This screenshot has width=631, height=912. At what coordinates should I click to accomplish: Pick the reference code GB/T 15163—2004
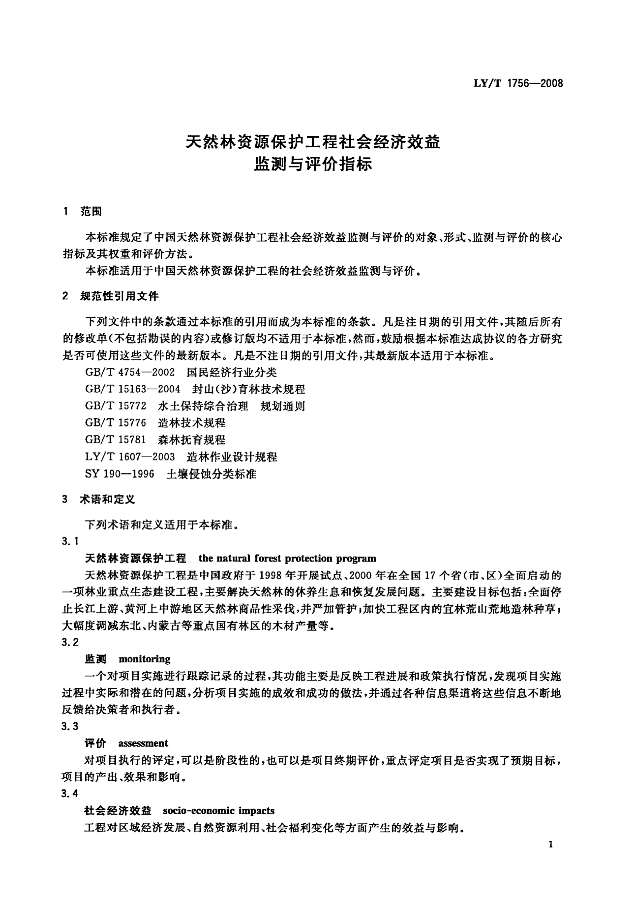click(x=132, y=389)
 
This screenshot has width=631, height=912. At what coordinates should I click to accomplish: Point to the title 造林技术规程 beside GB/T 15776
click(x=192, y=423)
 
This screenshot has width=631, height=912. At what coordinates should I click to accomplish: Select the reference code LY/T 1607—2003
click(x=130, y=457)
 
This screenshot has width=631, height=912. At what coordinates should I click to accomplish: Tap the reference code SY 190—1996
click(x=119, y=474)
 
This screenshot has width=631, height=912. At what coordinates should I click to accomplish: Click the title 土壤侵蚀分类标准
click(x=212, y=474)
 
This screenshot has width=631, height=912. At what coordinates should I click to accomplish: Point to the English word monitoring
click(x=144, y=659)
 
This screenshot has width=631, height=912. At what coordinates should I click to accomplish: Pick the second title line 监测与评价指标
click(x=313, y=164)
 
